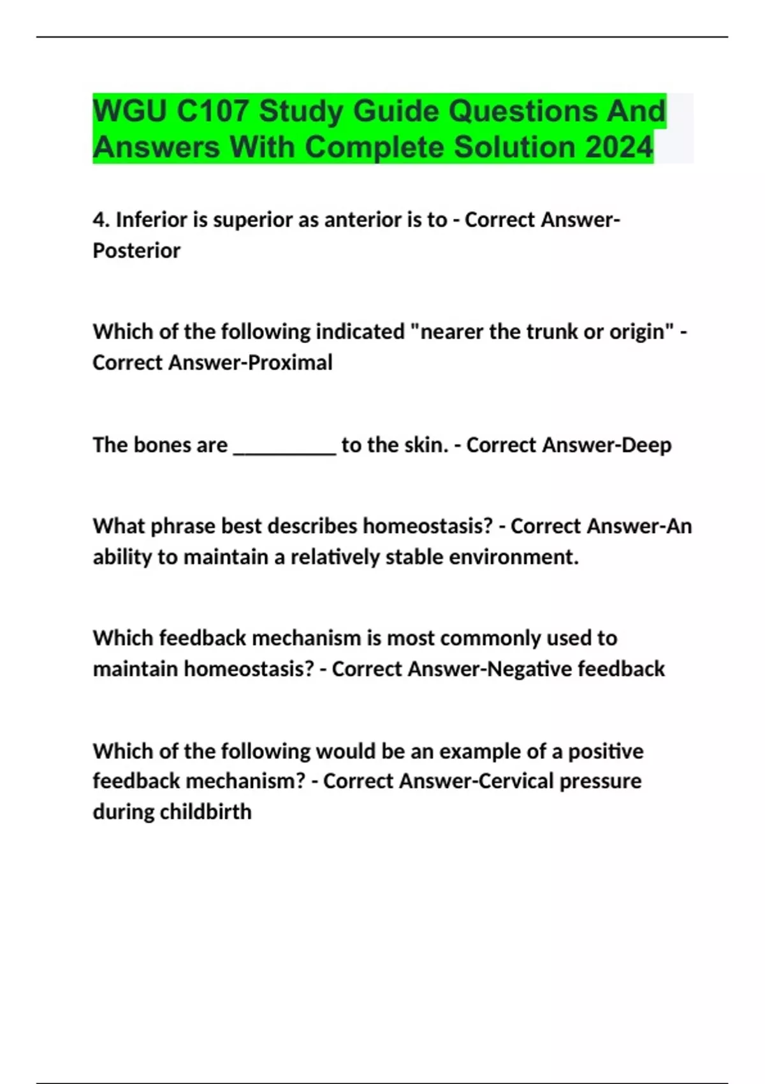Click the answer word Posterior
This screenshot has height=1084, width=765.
[136, 251]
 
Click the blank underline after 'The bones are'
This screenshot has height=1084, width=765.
[284, 446]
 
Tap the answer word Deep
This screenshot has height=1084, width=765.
[646, 445]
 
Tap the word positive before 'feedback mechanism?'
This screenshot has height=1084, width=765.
[606, 751]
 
